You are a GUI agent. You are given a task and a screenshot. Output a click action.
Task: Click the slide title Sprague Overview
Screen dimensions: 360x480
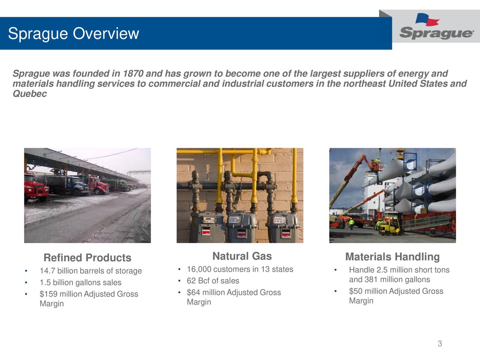pyautogui.click(x=73, y=34)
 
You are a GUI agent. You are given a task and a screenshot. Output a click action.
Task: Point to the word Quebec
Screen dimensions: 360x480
pyautogui.click(x=30, y=94)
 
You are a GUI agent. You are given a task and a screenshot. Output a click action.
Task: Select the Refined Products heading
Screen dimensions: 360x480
pyautogui.click(x=87, y=258)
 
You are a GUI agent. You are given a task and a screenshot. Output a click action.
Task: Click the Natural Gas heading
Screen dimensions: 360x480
pyautogui.click(x=242, y=256)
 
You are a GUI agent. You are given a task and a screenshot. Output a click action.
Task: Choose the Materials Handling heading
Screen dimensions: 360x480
pyautogui.click(x=392, y=257)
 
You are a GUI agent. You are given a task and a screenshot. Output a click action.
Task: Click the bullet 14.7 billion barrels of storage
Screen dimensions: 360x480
pyautogui.click(x=91, y=271)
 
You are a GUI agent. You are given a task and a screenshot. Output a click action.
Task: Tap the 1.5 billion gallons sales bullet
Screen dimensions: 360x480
pyautogui.click(x=80, y=282)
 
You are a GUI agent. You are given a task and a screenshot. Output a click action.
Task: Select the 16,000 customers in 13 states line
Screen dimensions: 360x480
pyautogui.click(x=240, y=269)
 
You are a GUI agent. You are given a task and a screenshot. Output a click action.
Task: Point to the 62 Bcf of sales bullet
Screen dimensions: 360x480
pyautogui.click(x=213, y=281)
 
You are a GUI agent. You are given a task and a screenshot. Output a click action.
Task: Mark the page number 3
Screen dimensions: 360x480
pyautogui.click(x=439, y=344)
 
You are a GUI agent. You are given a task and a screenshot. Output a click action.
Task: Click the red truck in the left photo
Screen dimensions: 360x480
pyautogui.click(x=36, y=187)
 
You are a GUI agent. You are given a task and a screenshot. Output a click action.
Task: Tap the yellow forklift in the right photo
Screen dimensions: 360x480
pyautogui.click(x=390, y=225)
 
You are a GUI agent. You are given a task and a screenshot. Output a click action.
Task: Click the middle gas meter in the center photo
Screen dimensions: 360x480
pyautogui.click(x=239, y=225)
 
